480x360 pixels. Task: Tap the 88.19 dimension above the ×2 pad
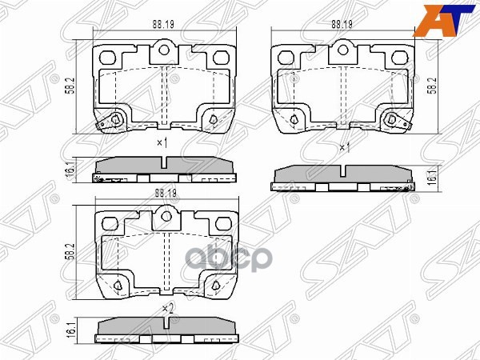tap(166, 193)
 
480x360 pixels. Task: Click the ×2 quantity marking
tap(166, 308)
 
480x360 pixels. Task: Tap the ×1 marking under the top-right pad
tap(345, 148)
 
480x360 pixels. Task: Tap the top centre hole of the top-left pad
tap(165, 50)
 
